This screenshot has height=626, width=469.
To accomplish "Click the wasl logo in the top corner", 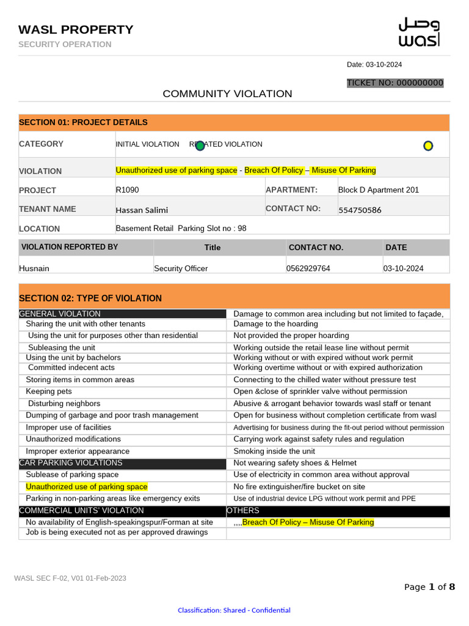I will (x=419, y=32).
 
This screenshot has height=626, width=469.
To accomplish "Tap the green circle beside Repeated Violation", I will (x=200, y=145).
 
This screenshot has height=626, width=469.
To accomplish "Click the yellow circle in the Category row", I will (x=428, y=145).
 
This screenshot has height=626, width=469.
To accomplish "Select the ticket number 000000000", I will (x=395, y=83).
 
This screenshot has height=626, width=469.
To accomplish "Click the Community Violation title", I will (x=227, y=94).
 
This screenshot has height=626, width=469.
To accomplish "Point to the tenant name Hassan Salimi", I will (x=142, y=210).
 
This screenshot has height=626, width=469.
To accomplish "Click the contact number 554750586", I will (x=360, y=210).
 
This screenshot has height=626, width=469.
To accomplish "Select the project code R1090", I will (x=127, y=190).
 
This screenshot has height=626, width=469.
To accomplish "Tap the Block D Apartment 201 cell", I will (x=379, y=190).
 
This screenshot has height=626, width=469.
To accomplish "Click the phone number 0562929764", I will (x=308, y=268).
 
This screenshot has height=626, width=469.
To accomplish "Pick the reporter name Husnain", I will (x=34, y=268).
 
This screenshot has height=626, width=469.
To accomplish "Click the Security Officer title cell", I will (x=181, y=268).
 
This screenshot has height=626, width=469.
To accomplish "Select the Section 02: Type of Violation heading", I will (x=90, y=298).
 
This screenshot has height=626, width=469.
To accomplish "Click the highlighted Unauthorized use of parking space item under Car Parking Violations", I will (x=87, y=487).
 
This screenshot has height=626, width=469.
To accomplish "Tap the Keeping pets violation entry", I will (x=49, y=391).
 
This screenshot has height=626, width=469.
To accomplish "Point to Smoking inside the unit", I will (x=274, y=451).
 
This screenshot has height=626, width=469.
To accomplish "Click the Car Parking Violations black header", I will (x=71, y=463).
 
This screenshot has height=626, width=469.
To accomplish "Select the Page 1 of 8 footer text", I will (x=429, y=587).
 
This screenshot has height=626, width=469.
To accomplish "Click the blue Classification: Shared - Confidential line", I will (x=234, y=610).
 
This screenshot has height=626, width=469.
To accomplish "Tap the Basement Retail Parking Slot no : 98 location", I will (x=181, y=228).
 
